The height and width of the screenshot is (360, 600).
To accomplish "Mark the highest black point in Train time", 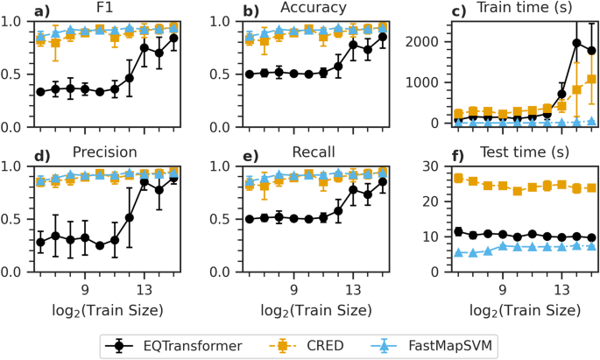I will coord(576,43).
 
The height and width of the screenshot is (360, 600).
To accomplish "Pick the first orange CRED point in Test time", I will coord(457,179).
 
